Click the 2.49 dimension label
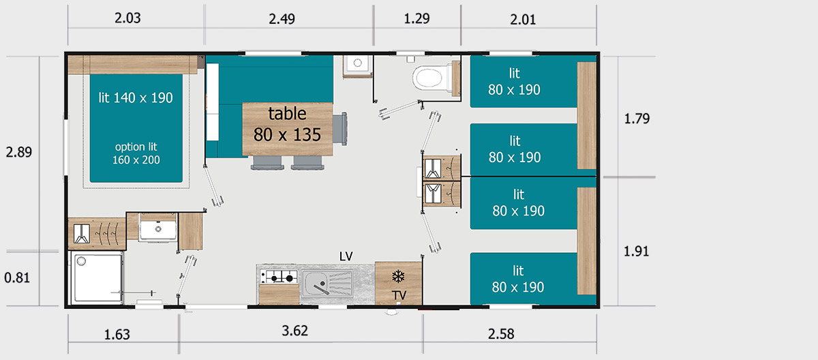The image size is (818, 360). pos(282,18)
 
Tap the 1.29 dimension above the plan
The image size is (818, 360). pos(416,18)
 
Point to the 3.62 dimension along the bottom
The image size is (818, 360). pos(294,331)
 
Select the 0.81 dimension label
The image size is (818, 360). pos(17,278)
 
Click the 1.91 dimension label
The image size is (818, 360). pos(636,251)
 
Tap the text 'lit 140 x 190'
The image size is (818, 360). pos(136,98)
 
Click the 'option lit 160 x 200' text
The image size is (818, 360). pos(136,153)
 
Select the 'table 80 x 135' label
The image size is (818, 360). pos(288,124)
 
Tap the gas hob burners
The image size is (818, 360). pos(279,277)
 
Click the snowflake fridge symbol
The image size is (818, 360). pos(398,276)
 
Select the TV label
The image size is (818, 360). pos(399,295)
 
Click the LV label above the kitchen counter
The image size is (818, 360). pos(346,256)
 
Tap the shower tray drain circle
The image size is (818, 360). pos(81,261)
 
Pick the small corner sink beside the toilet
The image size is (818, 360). pos(357,65)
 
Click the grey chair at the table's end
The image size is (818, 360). pos(339,129)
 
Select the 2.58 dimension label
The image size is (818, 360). pos(501,333)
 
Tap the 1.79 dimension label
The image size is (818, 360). pos(637,119)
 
